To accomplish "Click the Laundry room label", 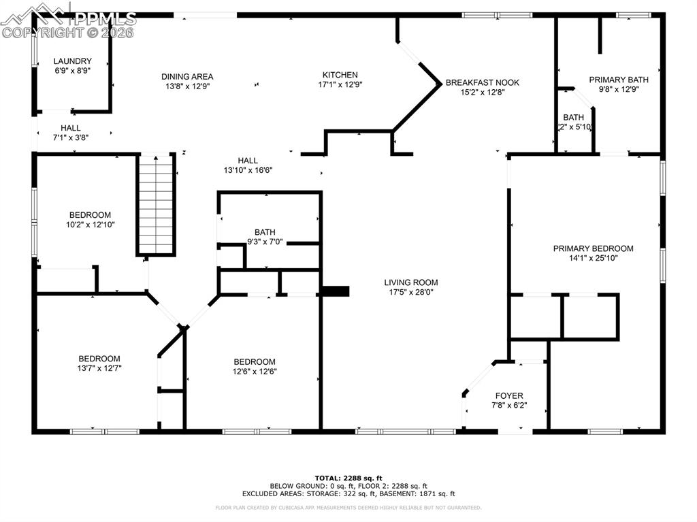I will pyautogui.click(x=72, y=61).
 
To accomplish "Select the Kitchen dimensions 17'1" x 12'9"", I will pyautogui.click(x=340, y=86).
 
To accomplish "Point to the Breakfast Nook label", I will pyautogui.click(x=482, y=82).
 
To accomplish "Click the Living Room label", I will pyautogui.click(x=410, y=282).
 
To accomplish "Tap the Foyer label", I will pyautogui.click(x=509, y=395).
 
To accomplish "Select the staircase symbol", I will pyautogui.click(x=157, y=205).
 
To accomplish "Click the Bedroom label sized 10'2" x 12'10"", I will pyautogui.click(x=90, y=215).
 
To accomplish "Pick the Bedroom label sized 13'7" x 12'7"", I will pyautogui.click(x=99, y=359).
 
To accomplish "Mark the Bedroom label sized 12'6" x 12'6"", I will pyautogui.click(x=255, y=361).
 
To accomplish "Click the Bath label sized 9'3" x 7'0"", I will pyautogui.click(x=265, y=232).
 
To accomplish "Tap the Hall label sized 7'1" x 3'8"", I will pyautogui.click(x=70, y=127).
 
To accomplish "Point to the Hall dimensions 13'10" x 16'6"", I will pyautogui.click(x=248, y=170).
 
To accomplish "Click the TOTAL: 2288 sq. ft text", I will pyautogui.click(x=348, y=478).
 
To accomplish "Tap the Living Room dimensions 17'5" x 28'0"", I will pyautogui.click(x=410, y=292).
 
